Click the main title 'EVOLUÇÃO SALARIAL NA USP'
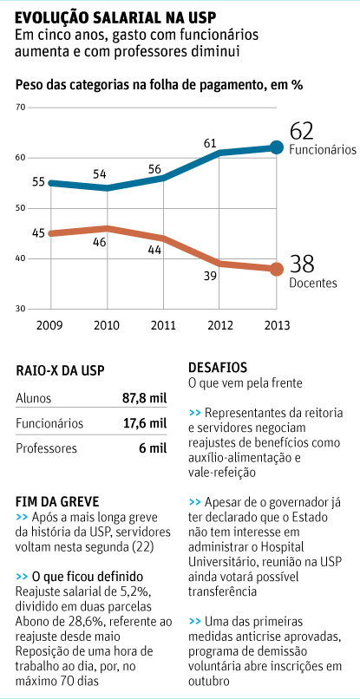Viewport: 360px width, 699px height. [x=115, y=16]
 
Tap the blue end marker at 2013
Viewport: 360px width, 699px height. [x=276, y=147]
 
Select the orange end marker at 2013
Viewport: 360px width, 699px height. [x=276, y=269]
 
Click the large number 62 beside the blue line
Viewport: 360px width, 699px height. [x=301, y=130]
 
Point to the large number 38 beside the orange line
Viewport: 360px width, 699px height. [x=301, y=264]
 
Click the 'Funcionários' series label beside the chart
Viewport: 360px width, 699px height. [x=322, y=149]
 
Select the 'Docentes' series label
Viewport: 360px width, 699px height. [x=312, y=283]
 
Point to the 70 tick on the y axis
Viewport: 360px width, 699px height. [x=21, y=107]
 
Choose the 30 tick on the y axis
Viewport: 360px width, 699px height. [x=21, y=309]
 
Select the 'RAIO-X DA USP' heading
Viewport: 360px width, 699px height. [x=60, y=370]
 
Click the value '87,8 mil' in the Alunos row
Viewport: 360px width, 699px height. [x=143, y=398]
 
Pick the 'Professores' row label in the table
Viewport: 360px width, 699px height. [x=47, y=448]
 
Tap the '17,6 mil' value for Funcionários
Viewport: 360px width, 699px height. [x=143, y=423]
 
